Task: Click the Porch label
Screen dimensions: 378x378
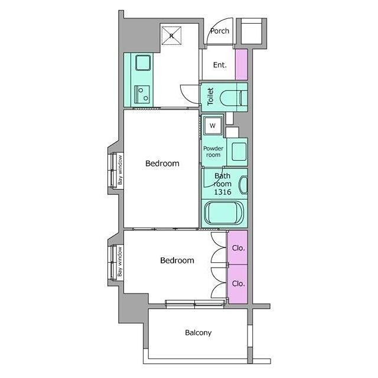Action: pyautogui.click(x=220, y=31)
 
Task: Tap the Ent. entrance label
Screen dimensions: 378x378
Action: pyautogui.click(x=220, y=65)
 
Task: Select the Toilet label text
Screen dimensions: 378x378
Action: pyautogui.click(x=210, y=97)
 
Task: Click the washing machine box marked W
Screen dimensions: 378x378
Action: pyautogui.click(x=213, y=126)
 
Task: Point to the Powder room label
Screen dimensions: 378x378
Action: pyautogui.click(x=213, y=152)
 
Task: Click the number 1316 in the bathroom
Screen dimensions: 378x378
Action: pyautogui.click(x=223, y=192)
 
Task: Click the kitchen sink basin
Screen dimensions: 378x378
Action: pyautogui.click(x=143, y=63)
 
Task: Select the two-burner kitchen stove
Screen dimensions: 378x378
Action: pyautogui.click(x=142, y=94)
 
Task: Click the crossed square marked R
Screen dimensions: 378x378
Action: pyautogui.click(x=171, y=35)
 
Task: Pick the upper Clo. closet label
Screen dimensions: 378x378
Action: pyautogui.click(x=239, y=248)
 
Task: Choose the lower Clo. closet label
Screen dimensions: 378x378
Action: pyautogui.click(x=239, y=283)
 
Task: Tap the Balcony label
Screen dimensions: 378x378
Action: pyautogui.click(x=198, y=333)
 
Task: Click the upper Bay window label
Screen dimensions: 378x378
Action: pyautogui.click(x=120, y=170)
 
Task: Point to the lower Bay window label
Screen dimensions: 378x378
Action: pyautogui.click(x=120, y=262)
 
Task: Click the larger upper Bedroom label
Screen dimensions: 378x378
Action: pyautogui.click(x=162, y=164)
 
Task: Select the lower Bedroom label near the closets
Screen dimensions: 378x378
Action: pyautogui.click(x=177, y=260)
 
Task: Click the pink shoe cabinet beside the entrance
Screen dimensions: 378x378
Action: pyautogui.click(x=242, y=64)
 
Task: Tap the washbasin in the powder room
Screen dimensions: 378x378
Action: pyautogui.click(x=239, y=152)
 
